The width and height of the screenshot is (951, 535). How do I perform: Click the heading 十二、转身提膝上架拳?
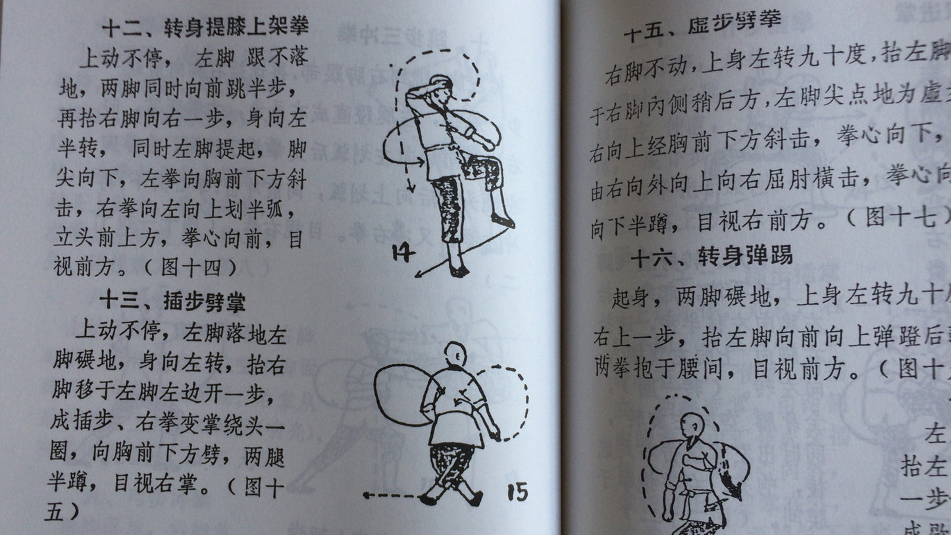tap(205, 28)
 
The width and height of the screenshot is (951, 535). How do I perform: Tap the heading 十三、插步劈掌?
tap(172, 302)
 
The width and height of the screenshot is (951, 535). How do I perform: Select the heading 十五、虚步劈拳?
tap(702, 29)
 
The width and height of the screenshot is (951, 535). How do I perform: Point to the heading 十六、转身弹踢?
tap(711, 257)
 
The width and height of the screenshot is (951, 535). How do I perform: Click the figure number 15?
tap(517, 491)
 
